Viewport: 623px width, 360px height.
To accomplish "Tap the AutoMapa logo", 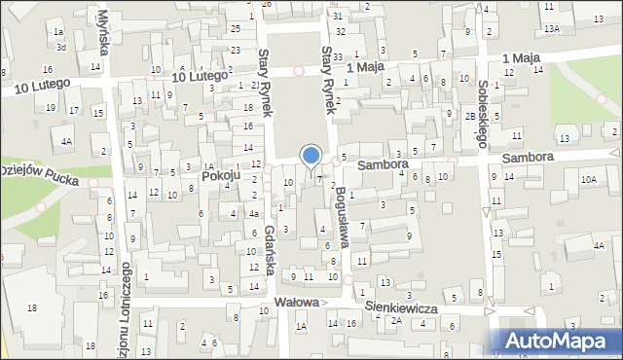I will click(556, 342).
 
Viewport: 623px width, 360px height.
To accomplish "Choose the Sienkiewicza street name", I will click(401, 306).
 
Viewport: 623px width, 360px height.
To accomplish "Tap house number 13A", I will click(552, 29).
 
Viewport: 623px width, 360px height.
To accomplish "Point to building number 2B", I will click(469, 117).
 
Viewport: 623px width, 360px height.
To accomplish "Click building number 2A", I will click(396, 320).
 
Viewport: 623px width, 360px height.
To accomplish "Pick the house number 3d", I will click(60, 46).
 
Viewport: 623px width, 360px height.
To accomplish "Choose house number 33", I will click(338, 57).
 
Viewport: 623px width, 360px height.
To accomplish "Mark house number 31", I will click(337, 17).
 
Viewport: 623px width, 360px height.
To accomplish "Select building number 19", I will click(51, 107).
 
